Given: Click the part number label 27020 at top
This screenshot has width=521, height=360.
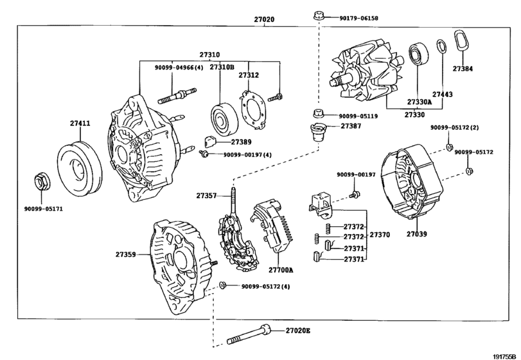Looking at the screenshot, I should pyautogui.click(x=263, y=20).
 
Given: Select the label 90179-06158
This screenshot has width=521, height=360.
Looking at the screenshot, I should pyautogui.click(x=358, y=19).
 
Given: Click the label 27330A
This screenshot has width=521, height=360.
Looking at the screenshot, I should pyautogui.click(x=419, y=102).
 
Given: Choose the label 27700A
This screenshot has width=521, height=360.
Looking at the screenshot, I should pyautogui.click(x=281, y=270).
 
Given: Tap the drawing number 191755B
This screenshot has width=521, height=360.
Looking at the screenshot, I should pyautogui.click(x=506, y=355).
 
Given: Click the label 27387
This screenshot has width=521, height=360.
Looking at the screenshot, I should pyautogui.click(x=351, y=127).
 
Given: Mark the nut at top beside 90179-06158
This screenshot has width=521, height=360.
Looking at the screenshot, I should pyautogui.click(x=317, y=15).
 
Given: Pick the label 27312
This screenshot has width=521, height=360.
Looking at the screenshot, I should pyautogui.click(x=249, y=75).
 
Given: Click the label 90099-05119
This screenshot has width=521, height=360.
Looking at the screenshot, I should pyautogui.click(x=358, y=116).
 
